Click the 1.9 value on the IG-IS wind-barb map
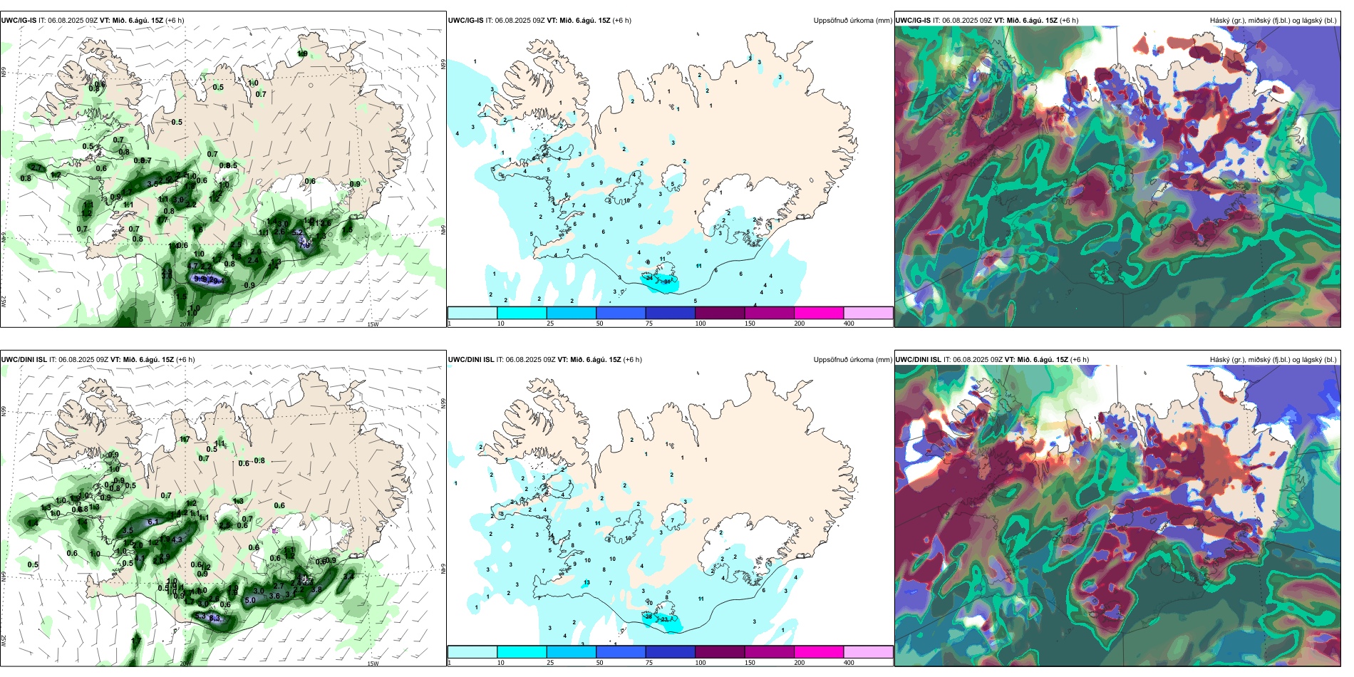[x=302, y=53]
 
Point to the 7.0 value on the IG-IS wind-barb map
[x=304, y=244]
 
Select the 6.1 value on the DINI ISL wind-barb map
[x=153, y=522]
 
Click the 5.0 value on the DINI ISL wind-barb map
[x=250, y=600]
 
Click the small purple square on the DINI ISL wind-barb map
[x=275, y=530]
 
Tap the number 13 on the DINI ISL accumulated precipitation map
[x=586, y=583]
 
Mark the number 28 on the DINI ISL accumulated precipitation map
[x=648, y=616]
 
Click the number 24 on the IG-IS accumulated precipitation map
[x=648, y=278]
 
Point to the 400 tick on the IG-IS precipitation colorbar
[x=849, y=324]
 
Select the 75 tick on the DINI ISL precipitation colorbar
[x=649, y=663]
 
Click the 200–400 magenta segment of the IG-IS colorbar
[x=819, y=313]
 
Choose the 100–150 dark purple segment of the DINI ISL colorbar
[x=719, y=652]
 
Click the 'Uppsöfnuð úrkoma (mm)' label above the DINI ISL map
[x=852, y=360]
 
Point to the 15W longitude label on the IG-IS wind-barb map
[x=372, y=324]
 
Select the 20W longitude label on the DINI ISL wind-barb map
[x=185, y=663]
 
